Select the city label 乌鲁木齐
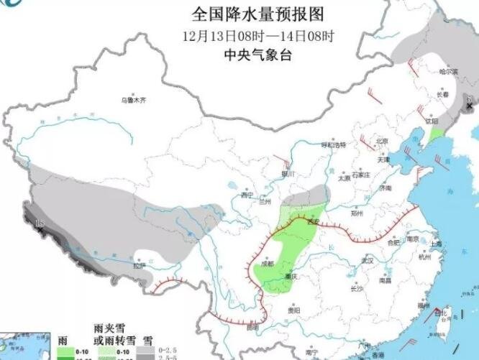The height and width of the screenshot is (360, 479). pyautogui.click(x=133, y=101)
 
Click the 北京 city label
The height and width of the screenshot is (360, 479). pyautogui.click(x=381, y=140)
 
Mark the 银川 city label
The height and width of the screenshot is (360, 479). pyautogui.click(x=289, y=173)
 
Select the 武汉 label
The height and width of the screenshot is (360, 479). pyautogui.click(x=367, y=259)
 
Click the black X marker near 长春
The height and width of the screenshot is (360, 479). pyautogui.click(x=470, y=106)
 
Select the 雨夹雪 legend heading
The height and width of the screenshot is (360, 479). pyautogui.click(x=106, y=327)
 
